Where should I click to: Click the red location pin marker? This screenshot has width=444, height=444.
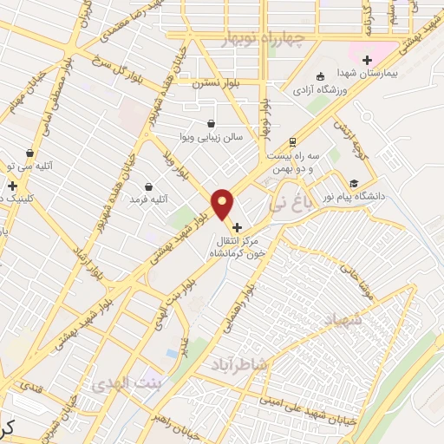pos(223,204)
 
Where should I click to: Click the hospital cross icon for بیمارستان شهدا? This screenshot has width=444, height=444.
pos(367,60)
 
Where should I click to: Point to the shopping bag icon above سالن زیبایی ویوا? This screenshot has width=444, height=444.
pos(212,123)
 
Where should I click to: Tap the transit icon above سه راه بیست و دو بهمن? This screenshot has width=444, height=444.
pos(293,141)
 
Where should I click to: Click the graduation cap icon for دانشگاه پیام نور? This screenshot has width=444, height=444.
pos(354,183)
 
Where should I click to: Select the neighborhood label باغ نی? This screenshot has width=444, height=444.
pos(288,205)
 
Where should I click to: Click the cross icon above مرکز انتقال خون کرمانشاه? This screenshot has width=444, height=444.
pos(237,227)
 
